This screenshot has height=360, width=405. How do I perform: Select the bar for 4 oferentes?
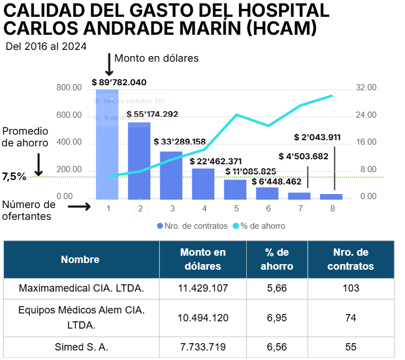pyautogui.click(x=204, y=184)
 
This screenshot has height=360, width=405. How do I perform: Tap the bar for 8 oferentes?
pyautogui.click(x=332, y=196)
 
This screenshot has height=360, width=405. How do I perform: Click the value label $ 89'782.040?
pyautogui.click(x=119, y=82)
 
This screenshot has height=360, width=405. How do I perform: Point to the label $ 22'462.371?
pyautogui.click(x=216, y=161)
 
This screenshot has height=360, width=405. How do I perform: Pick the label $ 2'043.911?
pyautogui.click(x=317, y=137)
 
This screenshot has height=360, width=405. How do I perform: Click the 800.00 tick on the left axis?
pyautogui.click(x=70, y=88)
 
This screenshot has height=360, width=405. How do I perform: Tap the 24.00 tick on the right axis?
pyautogui.click(x=366, y=115)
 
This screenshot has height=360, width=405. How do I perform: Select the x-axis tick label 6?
pyautogui.click(x=268, y=209)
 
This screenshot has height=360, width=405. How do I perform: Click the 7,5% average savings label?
pyautogui.click(x=14, y=177)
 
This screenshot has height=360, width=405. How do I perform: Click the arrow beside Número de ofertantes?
pyautogui.click(x=79, y=206)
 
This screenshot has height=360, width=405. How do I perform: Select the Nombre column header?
pyautogui.click(x=80, y=260)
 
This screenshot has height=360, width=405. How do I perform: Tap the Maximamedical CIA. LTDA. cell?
pyautogui.click(x=81, y=288)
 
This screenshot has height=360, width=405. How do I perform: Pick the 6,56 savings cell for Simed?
pyautogui.click(x=277, y=347)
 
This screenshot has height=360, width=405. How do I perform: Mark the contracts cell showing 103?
pyautogui.click(x=350, y=288)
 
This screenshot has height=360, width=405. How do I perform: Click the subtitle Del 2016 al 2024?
pyautogui.click(x=46, y=47)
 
